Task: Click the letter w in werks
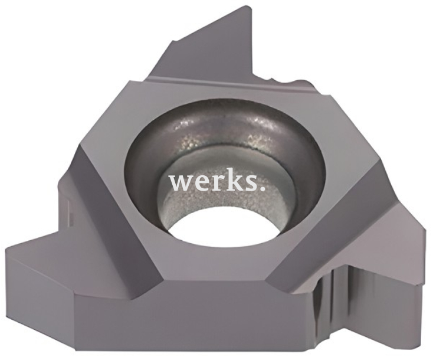[x=181, y=182]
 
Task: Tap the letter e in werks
[x=199, y=183]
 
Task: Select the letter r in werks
[x=212, y=182]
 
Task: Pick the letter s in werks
[x=244, y=183]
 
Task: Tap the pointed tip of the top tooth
[x=251, y=6]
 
